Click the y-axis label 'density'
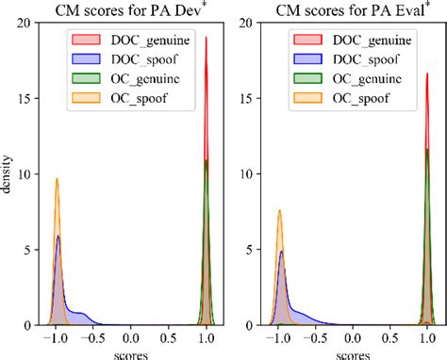coord(8,174)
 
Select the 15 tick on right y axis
coord(249,98)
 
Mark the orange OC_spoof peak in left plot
coord(57,179)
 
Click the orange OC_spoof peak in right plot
coord(279,211)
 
